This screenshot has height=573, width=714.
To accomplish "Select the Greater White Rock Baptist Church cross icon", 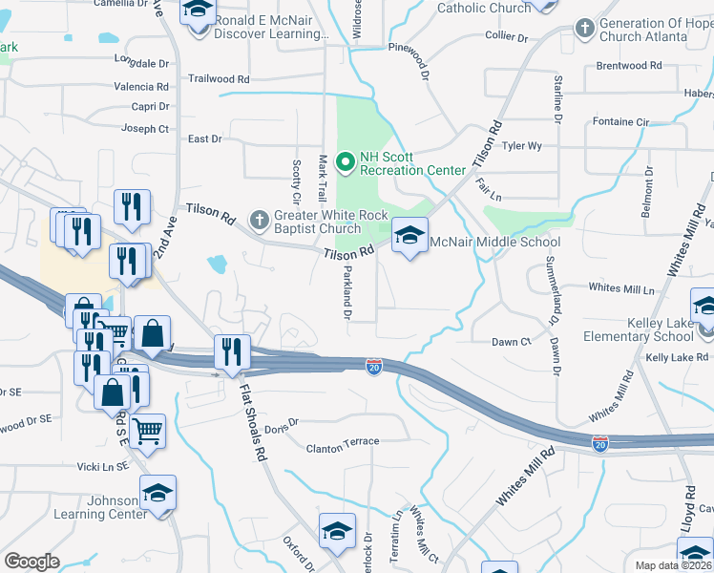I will (258, 220).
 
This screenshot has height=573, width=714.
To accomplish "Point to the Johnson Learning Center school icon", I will (158, 493).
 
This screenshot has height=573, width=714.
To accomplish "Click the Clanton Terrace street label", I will (343, 442).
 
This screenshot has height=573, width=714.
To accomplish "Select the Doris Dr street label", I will (282, 422).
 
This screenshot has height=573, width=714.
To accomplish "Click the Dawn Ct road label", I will (511, 342).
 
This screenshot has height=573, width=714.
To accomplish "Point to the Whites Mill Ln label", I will (622, 287).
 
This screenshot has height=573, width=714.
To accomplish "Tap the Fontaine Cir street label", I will (620, 122).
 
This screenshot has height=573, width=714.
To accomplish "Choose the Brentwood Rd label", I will (628, 66).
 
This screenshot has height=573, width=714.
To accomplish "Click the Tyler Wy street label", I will (522, 146).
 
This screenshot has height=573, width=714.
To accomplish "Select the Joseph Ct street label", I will (145, 129).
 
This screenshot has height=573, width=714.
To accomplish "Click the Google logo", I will (31, 562).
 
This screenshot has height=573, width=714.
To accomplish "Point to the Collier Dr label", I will (507, 37).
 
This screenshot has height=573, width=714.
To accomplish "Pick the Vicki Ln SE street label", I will (103, 467).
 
